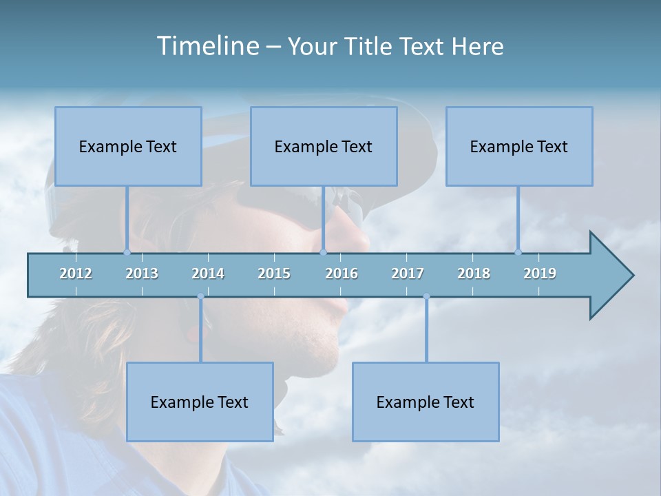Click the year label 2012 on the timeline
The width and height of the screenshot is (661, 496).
(x=76, y=273)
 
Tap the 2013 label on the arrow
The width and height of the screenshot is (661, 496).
(x=142, y=273)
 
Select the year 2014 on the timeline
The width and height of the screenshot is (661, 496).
(x=208, y=273)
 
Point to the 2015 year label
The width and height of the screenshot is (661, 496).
(x=274, y=273)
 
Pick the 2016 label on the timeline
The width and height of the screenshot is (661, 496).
(x=342, y=273)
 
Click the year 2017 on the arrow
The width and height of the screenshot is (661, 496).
(x=408, y=273)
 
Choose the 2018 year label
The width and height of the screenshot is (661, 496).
(x=474, y=273)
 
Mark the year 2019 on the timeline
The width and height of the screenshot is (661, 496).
(x=540, y=273)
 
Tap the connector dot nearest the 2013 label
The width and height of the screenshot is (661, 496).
(x=127, y=252)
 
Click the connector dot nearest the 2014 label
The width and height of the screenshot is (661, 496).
(x=200, y=297)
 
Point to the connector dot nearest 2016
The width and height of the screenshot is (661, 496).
(x=323, y=252)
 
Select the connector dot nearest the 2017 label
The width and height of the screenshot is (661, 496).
(x=426, y=297)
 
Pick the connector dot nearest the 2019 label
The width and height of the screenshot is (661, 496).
(x=518, y=252)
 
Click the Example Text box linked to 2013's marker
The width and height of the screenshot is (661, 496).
(x=128, y=146)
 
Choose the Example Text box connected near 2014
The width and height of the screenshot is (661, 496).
(x=200, y=402)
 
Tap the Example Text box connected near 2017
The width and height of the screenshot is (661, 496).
(x=426, y=402)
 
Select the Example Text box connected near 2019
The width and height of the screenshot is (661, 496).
(x=519, y=146)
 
